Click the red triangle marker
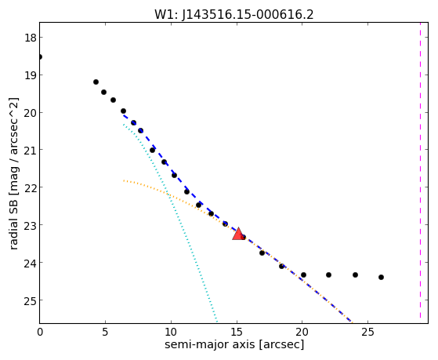238,235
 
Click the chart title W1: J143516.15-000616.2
234,14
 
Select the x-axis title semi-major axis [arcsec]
234,344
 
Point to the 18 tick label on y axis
30,38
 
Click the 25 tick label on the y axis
30,300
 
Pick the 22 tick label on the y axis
30,187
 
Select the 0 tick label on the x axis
40,333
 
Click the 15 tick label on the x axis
237,333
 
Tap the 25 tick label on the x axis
368,333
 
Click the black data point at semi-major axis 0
40,56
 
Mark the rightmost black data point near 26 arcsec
381,277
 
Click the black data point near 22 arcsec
328,275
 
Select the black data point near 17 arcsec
262,253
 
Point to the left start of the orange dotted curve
124,180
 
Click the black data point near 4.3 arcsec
96,82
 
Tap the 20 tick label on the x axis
302,333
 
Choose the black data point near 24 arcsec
355,275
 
